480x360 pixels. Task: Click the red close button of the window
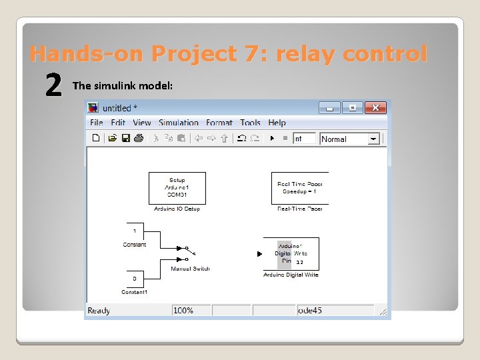pyautogui.click(x=375, y=107)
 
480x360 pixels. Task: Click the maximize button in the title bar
pyautogui.click(x=353, y=107)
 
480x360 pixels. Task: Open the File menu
pyautogui.click(x=97, y=123)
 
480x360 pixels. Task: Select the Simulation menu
pyautogui.click(x=179, y=123)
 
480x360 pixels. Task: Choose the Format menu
pyautogui.click(x=219, y=123)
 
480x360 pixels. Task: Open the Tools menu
pyautogui.click(x=250, y=123)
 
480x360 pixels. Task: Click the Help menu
pyautogui.click(x=277, y=123)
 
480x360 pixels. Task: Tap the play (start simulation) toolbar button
pyautogui.click(x=272, y=139)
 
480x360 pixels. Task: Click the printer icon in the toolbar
pyautogui.click(x=138, y=139)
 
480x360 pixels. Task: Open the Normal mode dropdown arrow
pyautogui.click(x=373, y=139)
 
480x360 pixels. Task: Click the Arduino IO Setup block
pyautogui.click(x=177, y=188)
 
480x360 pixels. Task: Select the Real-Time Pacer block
pyautogui.click(x=299, y=188)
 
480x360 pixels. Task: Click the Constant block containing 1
pyautogui.click(x=134, y=231)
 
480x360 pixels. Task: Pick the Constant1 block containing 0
pyautogui.click(x=134, y=278)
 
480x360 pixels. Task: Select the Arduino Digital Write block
pyautogui.click(x=291, y=254)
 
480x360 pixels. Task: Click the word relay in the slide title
pyautogui.click(x=305, y=53)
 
